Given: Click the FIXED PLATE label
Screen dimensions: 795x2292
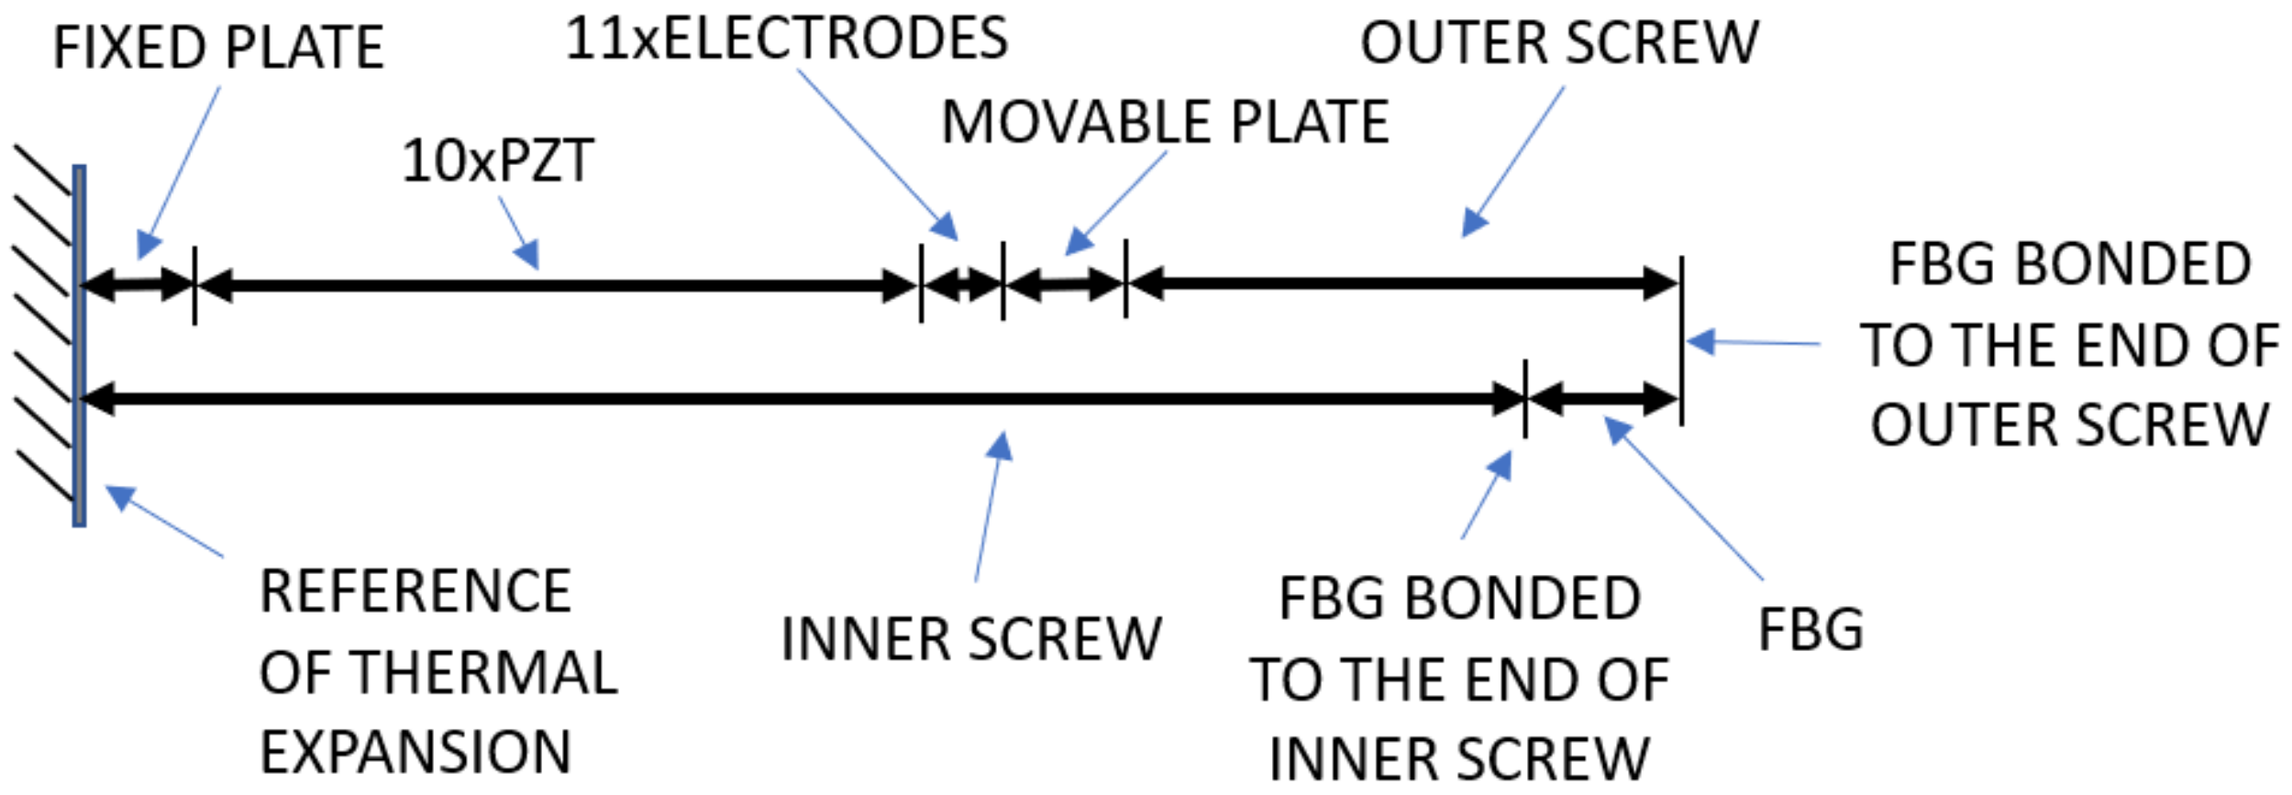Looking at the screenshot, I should [x=217, y=48].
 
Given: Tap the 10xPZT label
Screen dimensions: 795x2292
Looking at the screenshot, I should [x=498, y=161].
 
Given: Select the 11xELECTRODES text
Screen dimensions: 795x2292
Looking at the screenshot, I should [x=786, y=39].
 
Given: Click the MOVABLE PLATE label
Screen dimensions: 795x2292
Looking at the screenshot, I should [x=1165, y=122].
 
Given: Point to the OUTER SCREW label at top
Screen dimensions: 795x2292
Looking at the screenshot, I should [x=1558, y=43].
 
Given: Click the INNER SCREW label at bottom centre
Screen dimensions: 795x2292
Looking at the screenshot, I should [x=970, y=639].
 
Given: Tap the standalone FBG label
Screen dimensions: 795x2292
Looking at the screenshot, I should [x=1810, y=630].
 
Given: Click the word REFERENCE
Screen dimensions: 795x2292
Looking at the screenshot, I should [x=415, y=591].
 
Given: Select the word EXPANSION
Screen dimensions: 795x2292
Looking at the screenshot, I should [x=415, y=753].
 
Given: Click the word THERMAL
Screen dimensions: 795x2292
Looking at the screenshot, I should [x=483, y=672].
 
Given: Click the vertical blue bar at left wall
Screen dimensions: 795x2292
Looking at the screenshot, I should [x=80, y=346].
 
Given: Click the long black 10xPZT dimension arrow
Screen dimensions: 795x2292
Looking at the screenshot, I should [x=557, y=285].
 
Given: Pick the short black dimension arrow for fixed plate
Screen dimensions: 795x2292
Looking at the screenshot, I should [x=138, y=284].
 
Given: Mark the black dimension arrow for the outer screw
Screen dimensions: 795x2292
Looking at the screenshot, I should [x=1403, y=282].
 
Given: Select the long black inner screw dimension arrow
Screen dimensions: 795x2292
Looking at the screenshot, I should [x=798, y=399].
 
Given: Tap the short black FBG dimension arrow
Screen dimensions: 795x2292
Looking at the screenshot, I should [x=1602, y=399].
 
